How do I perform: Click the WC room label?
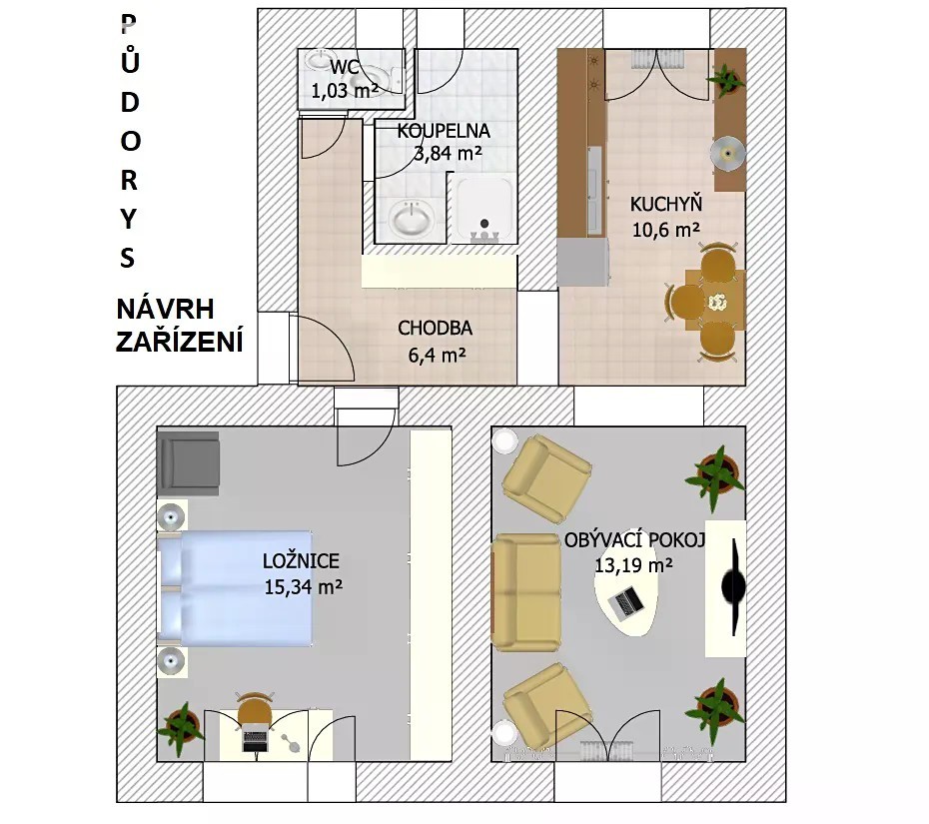(345, 67)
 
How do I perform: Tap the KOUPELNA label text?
(444, 130)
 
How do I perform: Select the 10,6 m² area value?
(666, 230)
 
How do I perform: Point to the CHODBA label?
(435, 328)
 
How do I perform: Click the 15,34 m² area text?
(304, 586)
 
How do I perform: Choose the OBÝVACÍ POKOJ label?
(634, 540)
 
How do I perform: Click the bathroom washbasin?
(413, 217)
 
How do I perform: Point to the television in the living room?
(733, 587)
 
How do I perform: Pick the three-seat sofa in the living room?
(526, 591)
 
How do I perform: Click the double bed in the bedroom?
(235, 588)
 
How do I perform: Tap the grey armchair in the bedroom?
(189, 463)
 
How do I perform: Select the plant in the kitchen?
(725, 80)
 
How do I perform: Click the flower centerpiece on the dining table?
(717, 303)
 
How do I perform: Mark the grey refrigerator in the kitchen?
(583, 262)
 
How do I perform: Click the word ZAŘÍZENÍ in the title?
(180, 343)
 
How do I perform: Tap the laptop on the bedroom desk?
(255, 741)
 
